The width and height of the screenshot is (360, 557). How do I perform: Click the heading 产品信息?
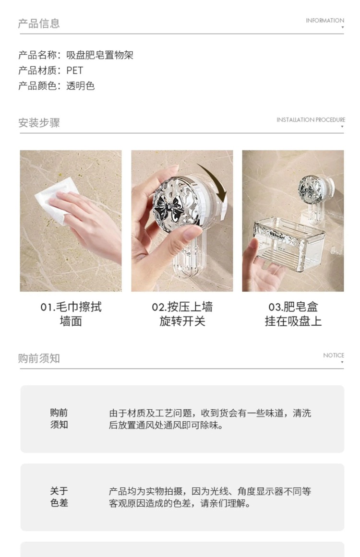click(x=39, y=24)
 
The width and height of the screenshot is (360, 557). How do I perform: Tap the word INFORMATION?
click(x=325, y=21)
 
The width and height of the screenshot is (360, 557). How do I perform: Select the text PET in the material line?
click(x=74, y=71)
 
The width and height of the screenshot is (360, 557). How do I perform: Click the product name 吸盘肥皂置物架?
click(x=100, y=55)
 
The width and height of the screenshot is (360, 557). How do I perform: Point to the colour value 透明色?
click(x=81, y=85)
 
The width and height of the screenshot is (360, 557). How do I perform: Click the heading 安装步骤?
click(x=39, y=122)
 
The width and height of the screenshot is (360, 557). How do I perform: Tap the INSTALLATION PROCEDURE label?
click(x=311, y=120)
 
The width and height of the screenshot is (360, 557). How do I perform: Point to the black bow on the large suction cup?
click(x=169, y=208)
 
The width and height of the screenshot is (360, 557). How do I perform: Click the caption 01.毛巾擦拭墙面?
click(x=71, y=314)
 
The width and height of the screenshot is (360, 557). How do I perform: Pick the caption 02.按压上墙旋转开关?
click(x=182, y=314)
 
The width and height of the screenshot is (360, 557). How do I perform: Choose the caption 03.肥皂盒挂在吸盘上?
click(x=293, y=314)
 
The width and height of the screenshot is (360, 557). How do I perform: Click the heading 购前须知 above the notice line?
click(x=39, y=358)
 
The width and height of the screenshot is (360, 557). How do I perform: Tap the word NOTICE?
click(x=333, y=355)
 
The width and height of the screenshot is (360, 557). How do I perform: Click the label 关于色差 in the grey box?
click(x=59, y=497)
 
